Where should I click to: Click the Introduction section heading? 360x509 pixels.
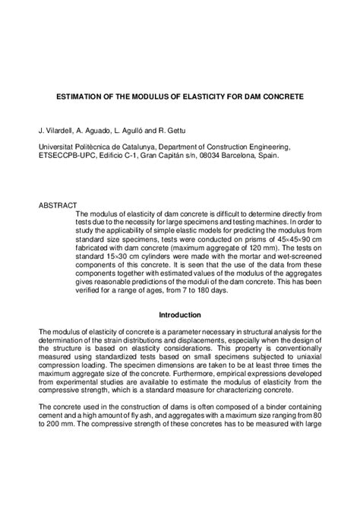point(180,293)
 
